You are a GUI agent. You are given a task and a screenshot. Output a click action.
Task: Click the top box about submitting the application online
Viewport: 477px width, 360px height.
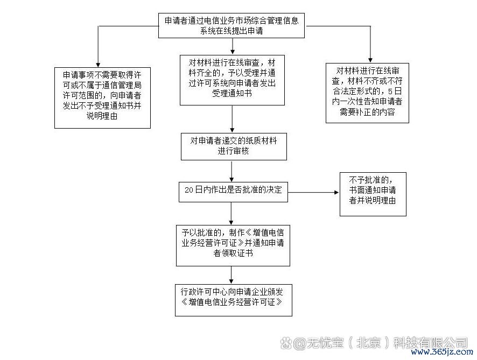tap(232, 25)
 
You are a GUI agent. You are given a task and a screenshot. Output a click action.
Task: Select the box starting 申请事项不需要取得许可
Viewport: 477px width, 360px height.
tap(102, 98)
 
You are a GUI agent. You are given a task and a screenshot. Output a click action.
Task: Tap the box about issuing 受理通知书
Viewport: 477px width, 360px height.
tap(232, 80)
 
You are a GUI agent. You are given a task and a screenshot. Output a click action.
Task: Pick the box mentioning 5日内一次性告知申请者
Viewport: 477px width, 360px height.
tap(367, 93)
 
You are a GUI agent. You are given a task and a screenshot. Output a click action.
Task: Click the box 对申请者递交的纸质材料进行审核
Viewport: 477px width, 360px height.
tap(234, 146)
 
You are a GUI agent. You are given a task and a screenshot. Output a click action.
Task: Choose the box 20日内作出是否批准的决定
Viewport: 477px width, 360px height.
tap(233, 192)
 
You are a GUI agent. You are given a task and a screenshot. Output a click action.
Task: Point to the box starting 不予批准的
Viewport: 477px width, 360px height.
tap(373, 194)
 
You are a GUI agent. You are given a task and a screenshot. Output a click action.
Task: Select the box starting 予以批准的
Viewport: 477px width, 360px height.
tap(233, 246)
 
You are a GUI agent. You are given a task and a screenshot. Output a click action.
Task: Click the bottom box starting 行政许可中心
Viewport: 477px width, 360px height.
tap(234, 300)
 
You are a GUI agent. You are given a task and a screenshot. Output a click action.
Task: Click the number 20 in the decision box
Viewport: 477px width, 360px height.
tap(188, 190)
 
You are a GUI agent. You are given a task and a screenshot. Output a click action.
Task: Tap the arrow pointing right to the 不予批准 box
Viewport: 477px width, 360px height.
tap(313, 193)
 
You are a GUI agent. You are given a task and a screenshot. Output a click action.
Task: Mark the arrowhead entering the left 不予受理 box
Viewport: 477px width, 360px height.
tap(98, 65)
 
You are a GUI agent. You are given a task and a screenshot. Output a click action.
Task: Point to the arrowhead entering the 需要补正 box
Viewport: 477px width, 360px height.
tap(370, 60)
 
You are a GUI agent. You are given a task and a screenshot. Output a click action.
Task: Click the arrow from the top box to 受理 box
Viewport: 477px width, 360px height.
tap(233, 46)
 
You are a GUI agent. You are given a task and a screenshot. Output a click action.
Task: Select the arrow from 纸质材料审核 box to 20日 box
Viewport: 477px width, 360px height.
tap(232, 171)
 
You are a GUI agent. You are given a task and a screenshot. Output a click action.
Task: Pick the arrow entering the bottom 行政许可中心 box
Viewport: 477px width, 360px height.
tap(231, 275)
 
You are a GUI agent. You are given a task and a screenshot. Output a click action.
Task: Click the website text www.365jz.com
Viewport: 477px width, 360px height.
tap(442, 352)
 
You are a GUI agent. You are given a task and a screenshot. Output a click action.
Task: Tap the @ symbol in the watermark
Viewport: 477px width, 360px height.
tap(300, 343)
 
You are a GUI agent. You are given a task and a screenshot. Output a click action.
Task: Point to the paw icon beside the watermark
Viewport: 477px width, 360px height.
tap(286, 343)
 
